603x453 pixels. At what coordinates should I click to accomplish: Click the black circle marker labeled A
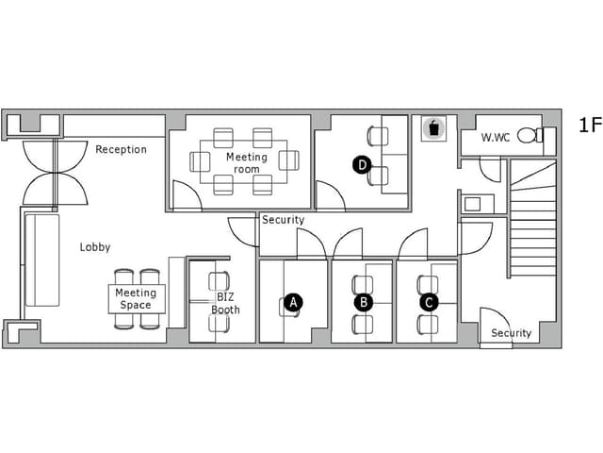coord(293,302)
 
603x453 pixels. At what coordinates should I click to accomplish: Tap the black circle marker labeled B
coord(364,302)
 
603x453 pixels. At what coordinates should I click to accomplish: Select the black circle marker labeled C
coord(429,302)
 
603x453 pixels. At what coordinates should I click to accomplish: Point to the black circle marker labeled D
coord(362,165)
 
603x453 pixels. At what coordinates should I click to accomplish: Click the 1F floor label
coord(590,125)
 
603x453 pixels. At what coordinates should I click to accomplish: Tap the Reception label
coord(122,149)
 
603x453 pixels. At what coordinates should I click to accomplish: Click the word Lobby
coord(95,247)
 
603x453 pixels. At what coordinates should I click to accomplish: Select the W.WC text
coord(496,137)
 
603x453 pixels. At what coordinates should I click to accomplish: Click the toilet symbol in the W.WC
coord(530,135)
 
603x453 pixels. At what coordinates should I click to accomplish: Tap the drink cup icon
coord(433,128)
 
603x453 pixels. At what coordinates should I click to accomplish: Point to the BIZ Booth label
coord(225,303)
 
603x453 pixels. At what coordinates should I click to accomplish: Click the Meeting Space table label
coord(136,299)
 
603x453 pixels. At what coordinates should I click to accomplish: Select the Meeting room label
coord(247,163)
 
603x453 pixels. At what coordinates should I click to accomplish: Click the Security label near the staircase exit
coord(511,333)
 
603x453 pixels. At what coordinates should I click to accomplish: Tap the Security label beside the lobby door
coord(283,220)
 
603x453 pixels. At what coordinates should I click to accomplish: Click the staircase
coord(533,218)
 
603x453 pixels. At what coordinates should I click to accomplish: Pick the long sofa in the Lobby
coord(42,260)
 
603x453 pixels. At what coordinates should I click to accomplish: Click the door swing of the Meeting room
coord(187,195)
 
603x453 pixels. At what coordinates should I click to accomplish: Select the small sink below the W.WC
coord(473,204)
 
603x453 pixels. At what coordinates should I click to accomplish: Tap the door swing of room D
coord(331,195)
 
